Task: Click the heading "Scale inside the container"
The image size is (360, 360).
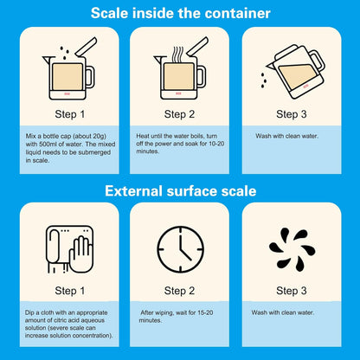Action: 180,13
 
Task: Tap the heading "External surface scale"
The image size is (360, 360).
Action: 181,191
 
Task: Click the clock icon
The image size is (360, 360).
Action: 180,249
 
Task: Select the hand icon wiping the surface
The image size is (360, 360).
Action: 81,254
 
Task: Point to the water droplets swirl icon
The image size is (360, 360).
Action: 292,249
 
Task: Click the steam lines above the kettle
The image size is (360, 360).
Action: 177,55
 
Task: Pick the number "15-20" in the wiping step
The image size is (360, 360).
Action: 205,312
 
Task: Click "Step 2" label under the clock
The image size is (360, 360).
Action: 179,291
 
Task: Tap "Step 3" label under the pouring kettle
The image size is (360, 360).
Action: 292,114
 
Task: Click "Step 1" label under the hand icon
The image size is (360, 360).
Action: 70,291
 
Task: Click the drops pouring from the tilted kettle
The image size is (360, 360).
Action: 263,80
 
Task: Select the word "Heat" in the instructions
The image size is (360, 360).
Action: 143,136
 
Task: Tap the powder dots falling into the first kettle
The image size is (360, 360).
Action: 65,53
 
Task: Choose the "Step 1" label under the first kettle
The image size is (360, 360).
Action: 70,114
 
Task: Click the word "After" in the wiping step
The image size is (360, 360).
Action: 147,312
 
